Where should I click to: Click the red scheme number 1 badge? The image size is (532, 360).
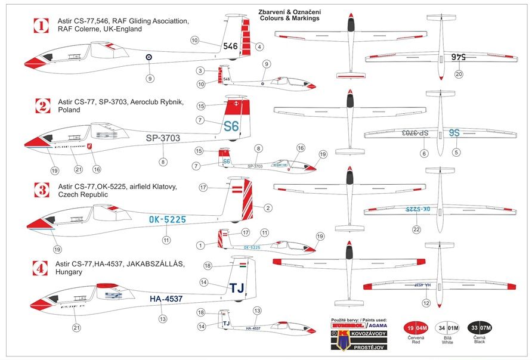pyautogui.click(x=41, y=26)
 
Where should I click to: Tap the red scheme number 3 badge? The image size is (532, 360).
pyautogui.click(x=41, y=191)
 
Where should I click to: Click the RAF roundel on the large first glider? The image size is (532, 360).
pyautogui.click(x=149, y=57)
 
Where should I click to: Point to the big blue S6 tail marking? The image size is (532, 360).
pyautogui.click(x=230, y=126)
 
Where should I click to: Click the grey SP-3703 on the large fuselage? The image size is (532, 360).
pyautogui.click(x=163, y=138)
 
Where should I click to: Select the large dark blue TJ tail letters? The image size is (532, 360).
pyautogui.click(x=237, y=288)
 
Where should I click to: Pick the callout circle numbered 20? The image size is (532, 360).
pyautogui.click(x=458, y=75)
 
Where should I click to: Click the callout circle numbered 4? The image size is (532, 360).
pyautogui.click(x=259, y=46)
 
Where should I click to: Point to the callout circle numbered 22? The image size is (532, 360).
pyautogui.click(x=417, y=230)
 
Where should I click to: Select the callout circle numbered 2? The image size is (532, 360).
pyautogui.click(x=268, y=208)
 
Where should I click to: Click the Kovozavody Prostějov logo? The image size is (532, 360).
pyautogui.click(x=358, y=336)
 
